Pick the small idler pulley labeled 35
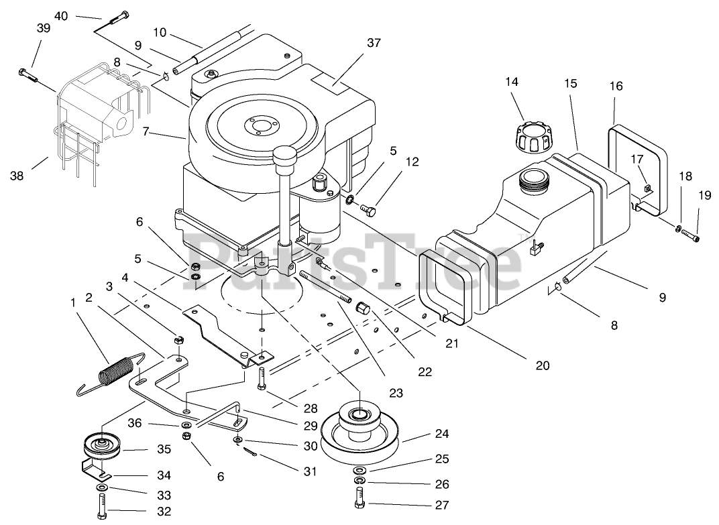tap(101, 447)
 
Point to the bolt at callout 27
tap(359, 498)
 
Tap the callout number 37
tap(374, 43)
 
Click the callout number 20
tap(543, 365)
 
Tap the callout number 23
tap(396, 393)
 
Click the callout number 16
tap(616, 86)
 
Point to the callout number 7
tap(146, 132)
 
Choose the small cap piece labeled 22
tap(363, 308)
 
